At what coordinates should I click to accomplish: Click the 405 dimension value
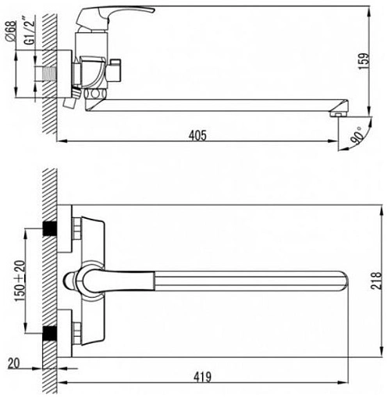click(197, 135)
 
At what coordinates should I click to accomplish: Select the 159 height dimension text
click(364, 61)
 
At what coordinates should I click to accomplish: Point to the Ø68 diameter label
click(11, 30)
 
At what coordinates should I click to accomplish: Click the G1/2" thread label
click(29, 30)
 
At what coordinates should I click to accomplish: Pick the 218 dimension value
click(376, 281)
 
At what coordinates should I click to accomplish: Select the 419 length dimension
click(203, 377)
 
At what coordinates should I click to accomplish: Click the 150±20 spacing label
click(20, 281)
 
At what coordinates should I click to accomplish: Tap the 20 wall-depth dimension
click(13, 363)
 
